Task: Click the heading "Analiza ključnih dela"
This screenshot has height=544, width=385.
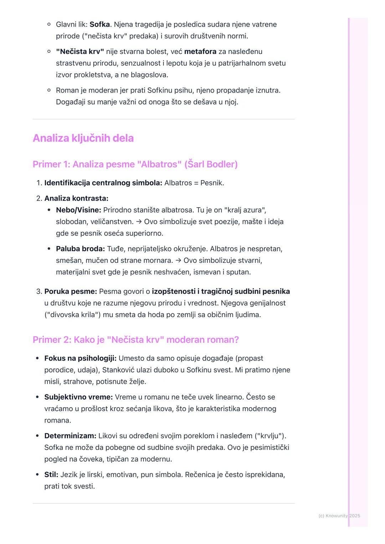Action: pos(83,138)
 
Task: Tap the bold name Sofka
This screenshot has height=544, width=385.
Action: pos(99,25)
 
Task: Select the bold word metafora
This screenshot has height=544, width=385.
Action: pos(200,52)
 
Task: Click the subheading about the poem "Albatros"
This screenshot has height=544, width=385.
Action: pos(135,164)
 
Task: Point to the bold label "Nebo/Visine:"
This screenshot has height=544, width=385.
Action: pos(78,210)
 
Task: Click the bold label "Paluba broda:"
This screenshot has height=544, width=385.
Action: pos(80,249)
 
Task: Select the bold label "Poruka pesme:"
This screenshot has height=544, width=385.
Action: pos(71,292)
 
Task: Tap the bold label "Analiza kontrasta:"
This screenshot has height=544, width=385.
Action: pos(76,198)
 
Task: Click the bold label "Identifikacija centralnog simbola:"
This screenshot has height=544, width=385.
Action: pos(103,183)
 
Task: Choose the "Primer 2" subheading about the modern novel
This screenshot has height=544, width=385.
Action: pos(135,340)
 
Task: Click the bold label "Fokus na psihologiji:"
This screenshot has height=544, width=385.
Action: pos(80,358)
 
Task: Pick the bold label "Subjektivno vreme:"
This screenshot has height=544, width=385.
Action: pos(78,397)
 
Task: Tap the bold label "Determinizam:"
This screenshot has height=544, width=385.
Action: pos(70,436)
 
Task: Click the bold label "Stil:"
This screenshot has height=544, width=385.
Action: pos(51,475)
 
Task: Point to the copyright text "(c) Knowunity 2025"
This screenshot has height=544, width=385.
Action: pos(339,516)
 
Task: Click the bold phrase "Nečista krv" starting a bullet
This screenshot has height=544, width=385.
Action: pos(80,52)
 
